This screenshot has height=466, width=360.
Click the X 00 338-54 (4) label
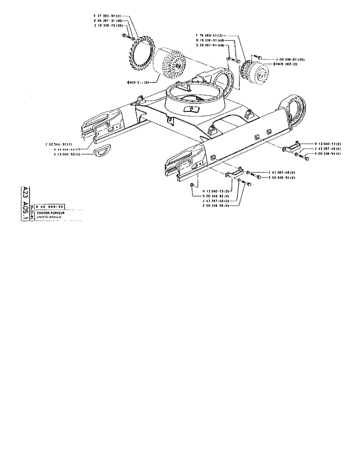click(x=328, y=153)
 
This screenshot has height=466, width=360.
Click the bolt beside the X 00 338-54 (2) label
click(x=259, y=177)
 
